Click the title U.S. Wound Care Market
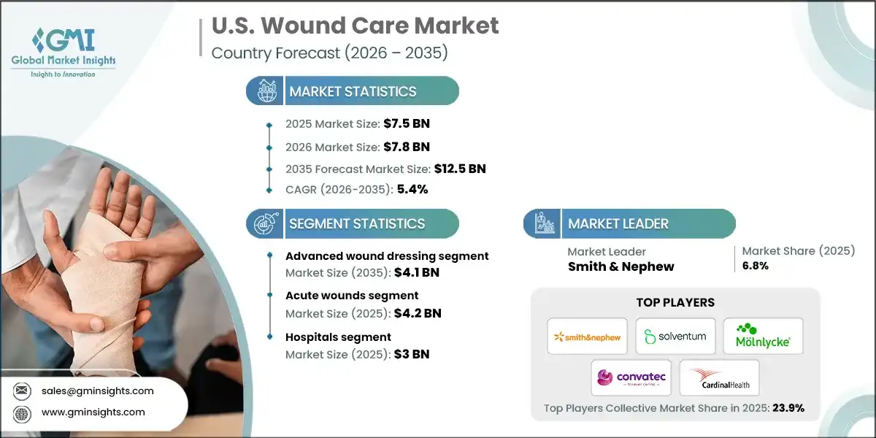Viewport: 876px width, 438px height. pyautogui.click(x=355, y=26)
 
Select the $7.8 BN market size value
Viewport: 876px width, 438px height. pyautogui.click(x=411, y=146)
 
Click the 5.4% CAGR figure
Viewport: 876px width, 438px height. pyautogui.click(x=412, y=189)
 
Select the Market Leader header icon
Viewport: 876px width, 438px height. pyautogui.click(x=542, y=223)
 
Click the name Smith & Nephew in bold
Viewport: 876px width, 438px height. pyautogui.click(x=620, y=266)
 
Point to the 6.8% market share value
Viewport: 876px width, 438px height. pyautogui.click(x=755, y=266)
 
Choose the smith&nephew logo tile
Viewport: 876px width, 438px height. pyautogui.click(x=588, y=337)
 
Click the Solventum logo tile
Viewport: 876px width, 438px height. pyautogui.click(x=675, y=337)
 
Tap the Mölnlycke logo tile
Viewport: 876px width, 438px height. pyautogui.click(x=763, y=337)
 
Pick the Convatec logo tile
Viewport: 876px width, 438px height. pyautogui.click(x=631, y=377)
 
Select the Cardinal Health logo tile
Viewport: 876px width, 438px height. pyautogui.click(x=719, y=377)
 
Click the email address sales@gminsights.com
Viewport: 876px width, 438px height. pyautogui.click(x=99, y=391)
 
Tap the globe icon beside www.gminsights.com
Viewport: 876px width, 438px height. pyautogui.click(x=23, y=412)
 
